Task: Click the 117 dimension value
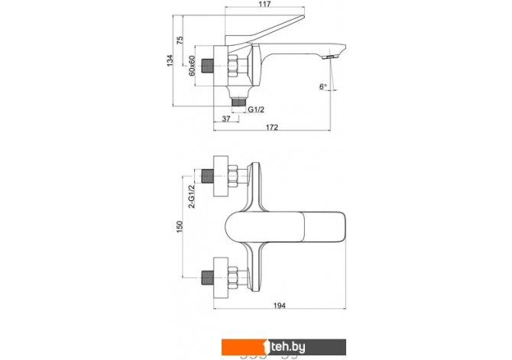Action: [x=265, y=5]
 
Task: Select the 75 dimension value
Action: [x=180, y=41]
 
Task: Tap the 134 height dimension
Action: [x=170, y=60]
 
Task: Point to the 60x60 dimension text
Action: [x=192, y=66]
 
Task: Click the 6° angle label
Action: [x=323, y=86]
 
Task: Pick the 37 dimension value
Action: [x=226, y=119]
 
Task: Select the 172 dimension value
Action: [x=272, y=127]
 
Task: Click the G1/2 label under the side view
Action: [x=256, y=110]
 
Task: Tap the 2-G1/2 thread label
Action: [x=192, y=196]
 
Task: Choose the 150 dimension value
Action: [x=180, y=227]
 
